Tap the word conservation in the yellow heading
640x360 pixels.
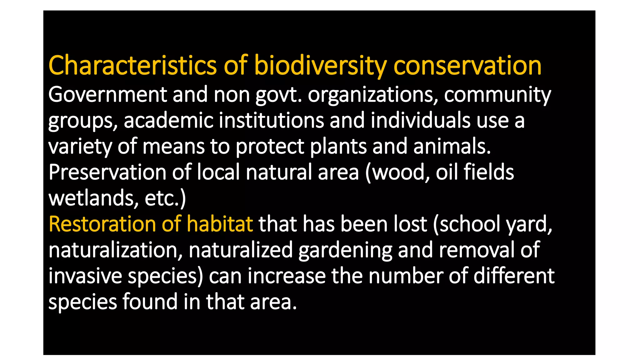point(467,66)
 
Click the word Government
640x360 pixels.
point(107,94)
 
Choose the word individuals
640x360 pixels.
point(420,120)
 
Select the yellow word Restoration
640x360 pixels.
point(102,224)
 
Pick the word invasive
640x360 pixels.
point(85,276)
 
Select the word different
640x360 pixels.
point(514,276)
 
